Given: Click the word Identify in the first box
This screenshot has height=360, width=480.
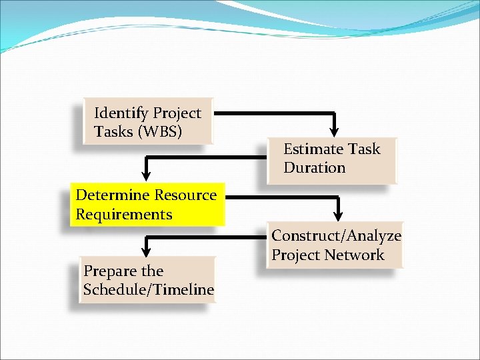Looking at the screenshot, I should pos(121,113).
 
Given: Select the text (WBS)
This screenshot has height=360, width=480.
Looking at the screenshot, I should pos(159,131).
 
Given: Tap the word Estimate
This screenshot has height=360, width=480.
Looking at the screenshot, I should pos(313,149).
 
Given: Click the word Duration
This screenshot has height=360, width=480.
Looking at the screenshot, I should pos(314,167).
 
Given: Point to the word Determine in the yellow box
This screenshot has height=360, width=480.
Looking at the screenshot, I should pos(113,195).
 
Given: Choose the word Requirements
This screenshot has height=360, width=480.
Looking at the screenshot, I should pos(124,215).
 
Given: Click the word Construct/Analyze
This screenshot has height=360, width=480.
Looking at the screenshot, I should pos(336,235).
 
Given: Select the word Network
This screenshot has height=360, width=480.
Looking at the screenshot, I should pos(359,255).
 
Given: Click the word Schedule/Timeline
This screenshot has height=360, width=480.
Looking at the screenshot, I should pos(149,289).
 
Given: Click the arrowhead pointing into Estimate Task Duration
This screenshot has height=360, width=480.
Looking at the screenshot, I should pos(335,130).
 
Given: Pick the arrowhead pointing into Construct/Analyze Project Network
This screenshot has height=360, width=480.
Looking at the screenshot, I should pos(338,215).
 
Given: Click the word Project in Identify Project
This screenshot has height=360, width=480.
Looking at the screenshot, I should pos(177,113).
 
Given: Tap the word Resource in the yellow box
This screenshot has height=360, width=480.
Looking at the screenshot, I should pos(185,195).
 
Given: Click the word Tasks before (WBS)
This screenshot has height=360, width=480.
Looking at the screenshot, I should pos(113,131).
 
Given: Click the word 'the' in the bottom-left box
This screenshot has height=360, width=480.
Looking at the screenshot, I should pos(152,271).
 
